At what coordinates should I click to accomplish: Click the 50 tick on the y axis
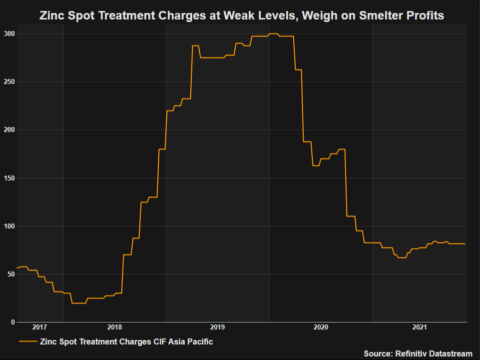10,274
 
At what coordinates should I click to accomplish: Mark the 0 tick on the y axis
12,322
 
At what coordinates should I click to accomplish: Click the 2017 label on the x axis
39,327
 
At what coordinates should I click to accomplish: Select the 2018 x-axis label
114,327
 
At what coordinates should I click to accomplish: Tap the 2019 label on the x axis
217,327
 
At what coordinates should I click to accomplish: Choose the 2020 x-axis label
320,327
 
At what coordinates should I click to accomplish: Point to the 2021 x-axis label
420,327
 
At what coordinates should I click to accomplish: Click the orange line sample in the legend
28,341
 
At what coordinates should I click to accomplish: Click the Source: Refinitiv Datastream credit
418,353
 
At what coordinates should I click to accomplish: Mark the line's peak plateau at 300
273,33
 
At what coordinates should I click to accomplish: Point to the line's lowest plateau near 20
79,303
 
